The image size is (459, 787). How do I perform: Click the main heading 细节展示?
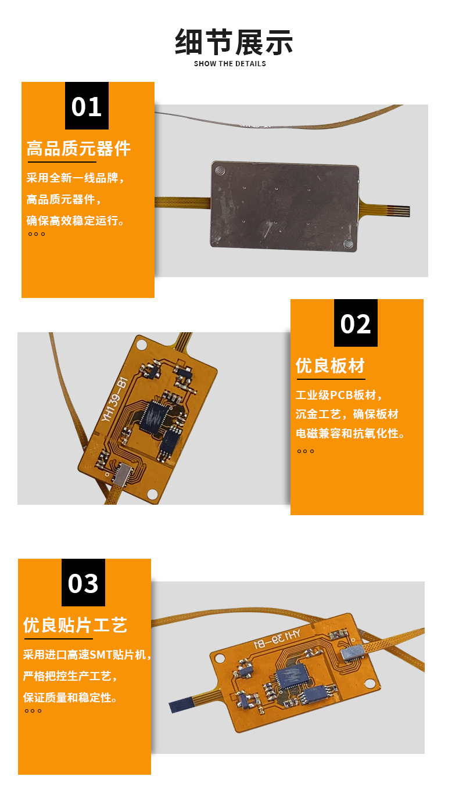tap(234, 41)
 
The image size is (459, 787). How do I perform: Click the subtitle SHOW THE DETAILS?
tap(230, 64)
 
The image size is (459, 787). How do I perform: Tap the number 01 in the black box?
tap(87, 107)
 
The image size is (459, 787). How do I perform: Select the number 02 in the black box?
tap(356, 324)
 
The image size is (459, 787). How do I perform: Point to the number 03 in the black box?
tap(83, 583)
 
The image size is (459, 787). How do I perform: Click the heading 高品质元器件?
tap(78, 149)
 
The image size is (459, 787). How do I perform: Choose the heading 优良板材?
tap(330, 366)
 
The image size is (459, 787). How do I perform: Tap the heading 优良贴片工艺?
tap(75, 626)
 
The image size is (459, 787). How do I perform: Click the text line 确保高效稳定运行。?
tap(76, 221)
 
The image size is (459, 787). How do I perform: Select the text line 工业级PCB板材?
tap(339, 396)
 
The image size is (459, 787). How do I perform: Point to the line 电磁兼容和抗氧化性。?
tap(351, 434)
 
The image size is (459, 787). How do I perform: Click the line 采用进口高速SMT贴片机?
tap(87, 655)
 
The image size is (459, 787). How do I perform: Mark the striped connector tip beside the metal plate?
tap(399, 211)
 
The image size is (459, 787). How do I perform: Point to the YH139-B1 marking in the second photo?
tap(114, 400)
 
